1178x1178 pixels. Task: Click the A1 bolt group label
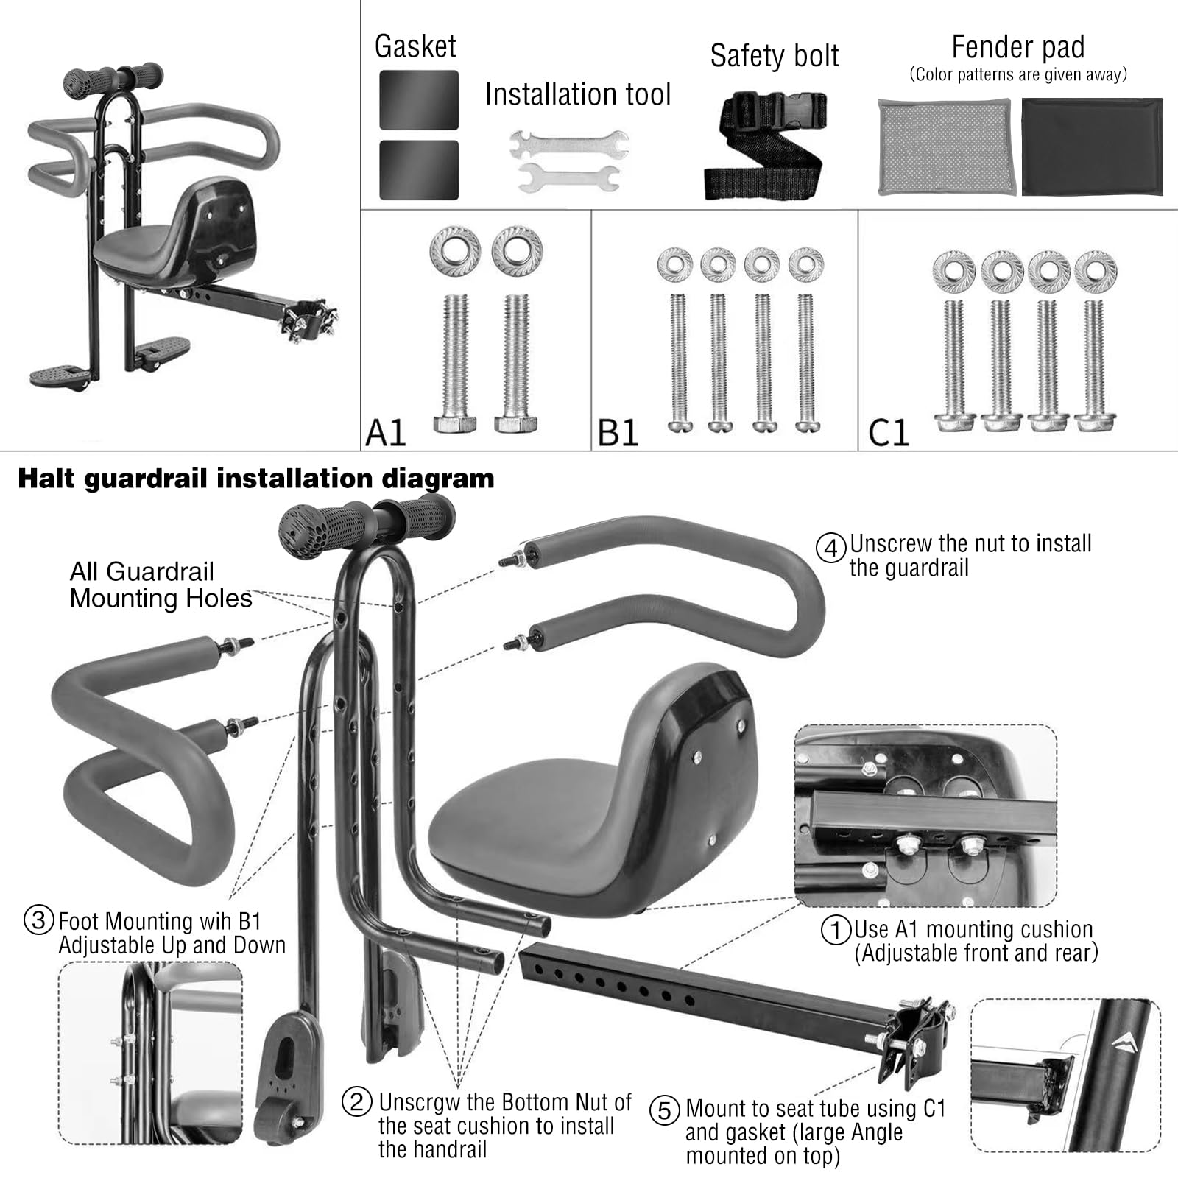point(386,432)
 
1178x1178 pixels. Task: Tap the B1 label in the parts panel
point(618,432)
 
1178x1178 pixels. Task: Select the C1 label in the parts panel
point(889,432)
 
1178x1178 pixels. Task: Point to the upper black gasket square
point(419,100)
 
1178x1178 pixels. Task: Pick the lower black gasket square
point(419,170)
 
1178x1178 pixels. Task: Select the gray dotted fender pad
point(947,147)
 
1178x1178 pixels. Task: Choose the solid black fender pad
point(1092,147)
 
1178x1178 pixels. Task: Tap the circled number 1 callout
point(836,930)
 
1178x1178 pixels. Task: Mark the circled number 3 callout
point(38,920)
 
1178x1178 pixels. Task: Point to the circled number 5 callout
point(664,1110)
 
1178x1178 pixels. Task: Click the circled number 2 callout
point(357,1102)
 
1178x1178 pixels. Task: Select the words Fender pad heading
point(1018,47)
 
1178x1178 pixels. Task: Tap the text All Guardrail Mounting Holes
point(161,585)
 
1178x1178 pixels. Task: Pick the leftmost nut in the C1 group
point(953,272)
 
